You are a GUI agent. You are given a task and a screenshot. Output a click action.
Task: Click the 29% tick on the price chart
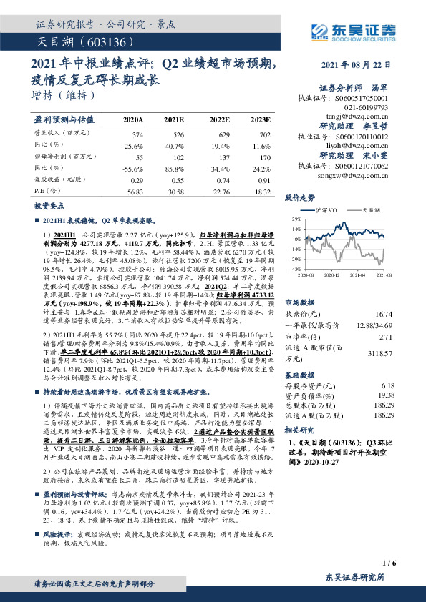coord(296,219)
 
